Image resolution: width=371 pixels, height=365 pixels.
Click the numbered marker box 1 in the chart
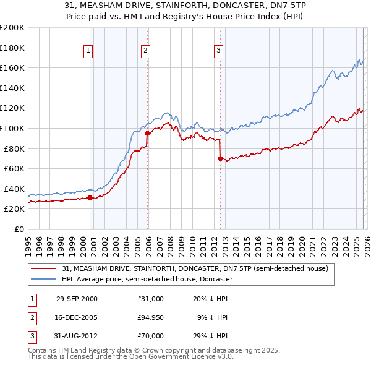[89, 51]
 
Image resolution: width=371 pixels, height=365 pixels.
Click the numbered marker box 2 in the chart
[145, 51]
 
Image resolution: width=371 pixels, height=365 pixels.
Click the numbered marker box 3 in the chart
[219, 51]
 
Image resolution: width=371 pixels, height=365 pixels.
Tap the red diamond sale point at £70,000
[220, 158]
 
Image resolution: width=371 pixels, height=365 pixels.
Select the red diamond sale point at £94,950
[147, 133]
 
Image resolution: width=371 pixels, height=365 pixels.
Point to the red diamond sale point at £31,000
[90, 197]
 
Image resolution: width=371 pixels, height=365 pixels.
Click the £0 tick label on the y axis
[19, 229]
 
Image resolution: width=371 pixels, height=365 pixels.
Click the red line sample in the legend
[45, 268]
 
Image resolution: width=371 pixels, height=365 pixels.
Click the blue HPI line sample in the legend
[45, 279]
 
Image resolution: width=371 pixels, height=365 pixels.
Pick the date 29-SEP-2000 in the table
[77, 299]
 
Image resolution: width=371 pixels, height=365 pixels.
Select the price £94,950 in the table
[151, 317]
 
